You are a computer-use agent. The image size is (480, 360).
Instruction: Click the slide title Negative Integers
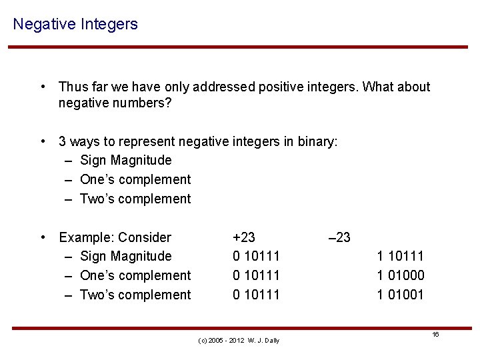pyautogui.click(x=75, y=25)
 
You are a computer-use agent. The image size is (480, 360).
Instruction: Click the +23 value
pyautogui.click(x=243, y=237)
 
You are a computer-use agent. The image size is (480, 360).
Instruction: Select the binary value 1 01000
pyautogui.click(x=400, y=275)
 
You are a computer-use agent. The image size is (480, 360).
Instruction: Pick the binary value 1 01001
pyautogui.click(x=400, y=295)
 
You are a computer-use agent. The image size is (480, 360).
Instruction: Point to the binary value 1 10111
pyautogui.click(x=400, y=256)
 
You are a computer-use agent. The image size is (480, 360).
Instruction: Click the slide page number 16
pyautogui.click(x=435, y=334)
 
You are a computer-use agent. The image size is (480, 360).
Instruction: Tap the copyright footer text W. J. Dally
pyautogui.click(x=263, y=341)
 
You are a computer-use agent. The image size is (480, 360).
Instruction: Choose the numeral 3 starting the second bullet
pyautogui.click(x=63, y=141)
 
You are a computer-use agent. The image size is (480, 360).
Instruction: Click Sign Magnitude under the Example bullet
pyautogui.click(x=125, y=256)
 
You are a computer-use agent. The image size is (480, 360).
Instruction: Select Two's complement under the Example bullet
pyautogui.click(x=135, y=295)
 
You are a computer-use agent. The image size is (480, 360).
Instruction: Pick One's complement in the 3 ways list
pyautogui.click(x=135, y=179)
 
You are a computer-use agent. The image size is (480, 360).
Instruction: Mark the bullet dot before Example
pyautogui.click(x=43, y=237)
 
